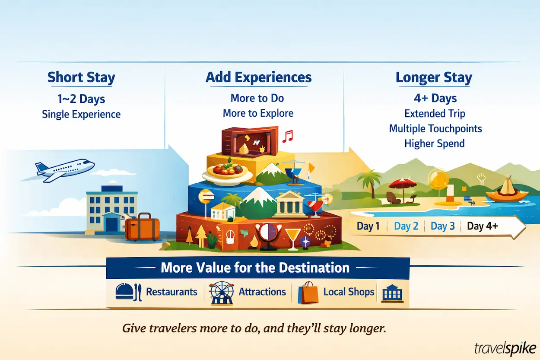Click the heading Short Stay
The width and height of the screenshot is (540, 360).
pyautogui.click(x=81, y=78)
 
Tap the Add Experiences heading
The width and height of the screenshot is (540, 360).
pyautogui.click(x=258, y=77)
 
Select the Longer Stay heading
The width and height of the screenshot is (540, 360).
pyautogui.click(x=434, y=78)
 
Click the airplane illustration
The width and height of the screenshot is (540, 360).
pyautogui.click(x=65, y=169)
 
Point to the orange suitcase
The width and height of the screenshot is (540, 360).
pyautogui.click(x=142, y=227)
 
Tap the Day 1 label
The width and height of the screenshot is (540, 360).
pyautogui.click(x=368, y=226)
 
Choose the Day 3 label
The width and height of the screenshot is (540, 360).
pyautogui.click(x=442, y=226)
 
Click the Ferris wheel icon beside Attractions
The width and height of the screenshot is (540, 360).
pyautogui.click(x=221, y=294)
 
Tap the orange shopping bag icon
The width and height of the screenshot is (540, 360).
pyautogui.click(x=308, y=293)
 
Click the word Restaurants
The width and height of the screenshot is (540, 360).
pyautogui.click(x=172, y=292)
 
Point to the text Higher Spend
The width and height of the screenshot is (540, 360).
pyautogui.click(x=434, y=143)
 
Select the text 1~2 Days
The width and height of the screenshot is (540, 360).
pyautogui.click(x=81, y=99)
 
